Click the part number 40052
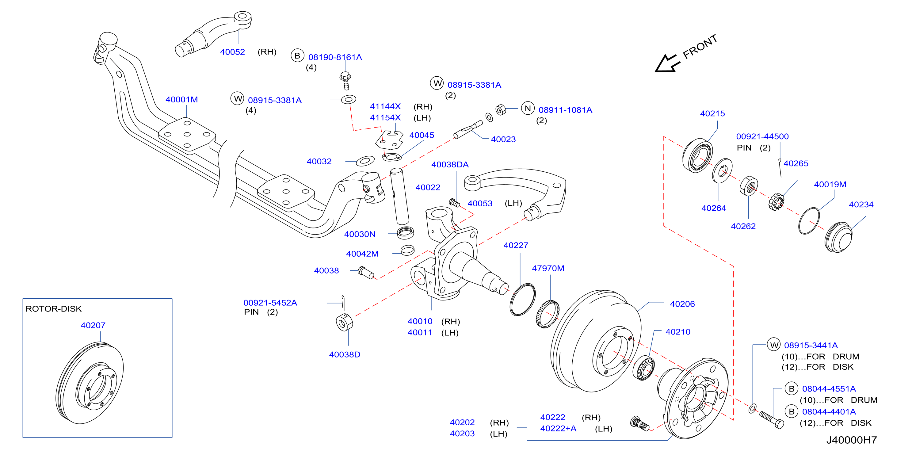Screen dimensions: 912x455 click(232, 52)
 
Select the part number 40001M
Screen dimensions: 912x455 click(181, 100)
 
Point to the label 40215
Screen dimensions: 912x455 click(712, 114)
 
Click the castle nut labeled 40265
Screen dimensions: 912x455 click(776, 202)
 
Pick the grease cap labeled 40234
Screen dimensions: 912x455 click(839, 237)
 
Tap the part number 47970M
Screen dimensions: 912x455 click(548, 268)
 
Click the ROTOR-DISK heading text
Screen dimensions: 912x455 click(53, 309)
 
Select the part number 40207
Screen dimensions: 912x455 click(93, 325)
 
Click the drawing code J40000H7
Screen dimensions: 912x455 click(852, 440)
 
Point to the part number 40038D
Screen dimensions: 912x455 click(345, 354)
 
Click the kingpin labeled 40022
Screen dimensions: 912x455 click(400, 196)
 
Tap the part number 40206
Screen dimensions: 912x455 click(682, 304)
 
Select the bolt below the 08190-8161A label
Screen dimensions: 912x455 click(345, 80)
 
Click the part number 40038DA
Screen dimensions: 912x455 click(450, 165)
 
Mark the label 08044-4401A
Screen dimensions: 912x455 click(829, 412)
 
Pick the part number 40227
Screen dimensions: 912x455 click(516, 245)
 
